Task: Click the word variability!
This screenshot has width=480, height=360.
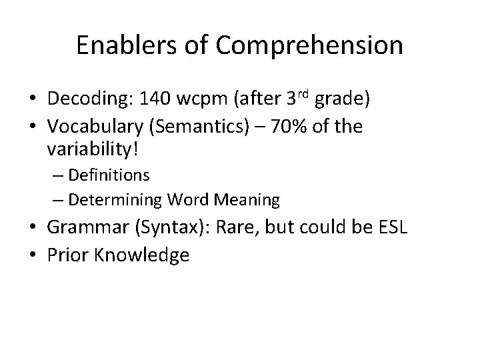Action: (92, 149)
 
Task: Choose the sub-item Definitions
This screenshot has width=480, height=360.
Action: (109, 175)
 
